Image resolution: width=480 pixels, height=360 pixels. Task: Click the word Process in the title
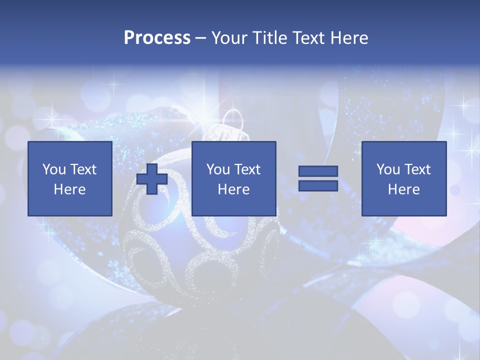tap(157, 38)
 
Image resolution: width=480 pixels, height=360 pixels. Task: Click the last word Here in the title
tap(349, 38)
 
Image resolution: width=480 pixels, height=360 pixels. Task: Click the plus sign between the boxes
tap(152, 178)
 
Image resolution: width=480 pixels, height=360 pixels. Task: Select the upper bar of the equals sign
tap(318, 171)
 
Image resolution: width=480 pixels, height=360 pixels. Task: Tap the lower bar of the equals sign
tap(318, 185)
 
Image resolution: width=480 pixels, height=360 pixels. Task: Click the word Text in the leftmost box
tap(83, 169)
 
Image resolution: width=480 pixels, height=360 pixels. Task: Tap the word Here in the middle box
tap(233, 189)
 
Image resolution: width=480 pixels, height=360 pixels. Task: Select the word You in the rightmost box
tap(388, 169)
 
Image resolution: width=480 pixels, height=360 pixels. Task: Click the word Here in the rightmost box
tap(403, 189)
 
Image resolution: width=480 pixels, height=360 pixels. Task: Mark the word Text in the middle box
tap(247, 169)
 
